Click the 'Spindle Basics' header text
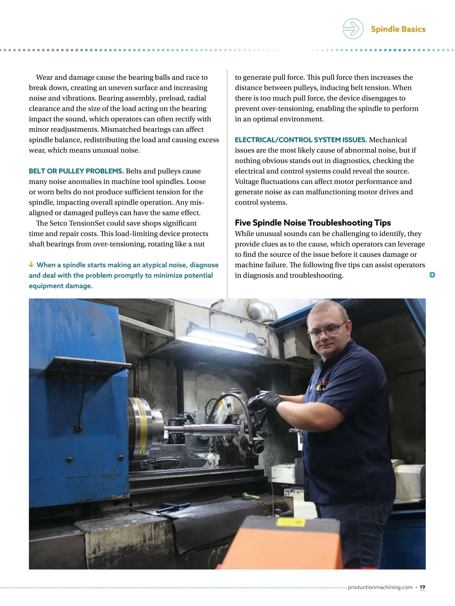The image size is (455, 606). click(398, 29)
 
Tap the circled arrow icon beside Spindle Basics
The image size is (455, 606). click(353, 29)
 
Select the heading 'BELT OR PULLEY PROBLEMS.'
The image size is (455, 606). click(76, 171)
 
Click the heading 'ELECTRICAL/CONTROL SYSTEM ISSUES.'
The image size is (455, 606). click(301, 140)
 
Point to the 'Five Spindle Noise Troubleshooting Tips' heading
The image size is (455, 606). click(312, 223)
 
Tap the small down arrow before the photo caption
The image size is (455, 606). click(31, 265)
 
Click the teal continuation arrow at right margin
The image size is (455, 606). click(432, 275)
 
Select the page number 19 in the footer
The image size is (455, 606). click(422, 587)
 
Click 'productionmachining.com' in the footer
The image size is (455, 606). click(380, 587)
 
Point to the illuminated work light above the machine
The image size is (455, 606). click(222, 337)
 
